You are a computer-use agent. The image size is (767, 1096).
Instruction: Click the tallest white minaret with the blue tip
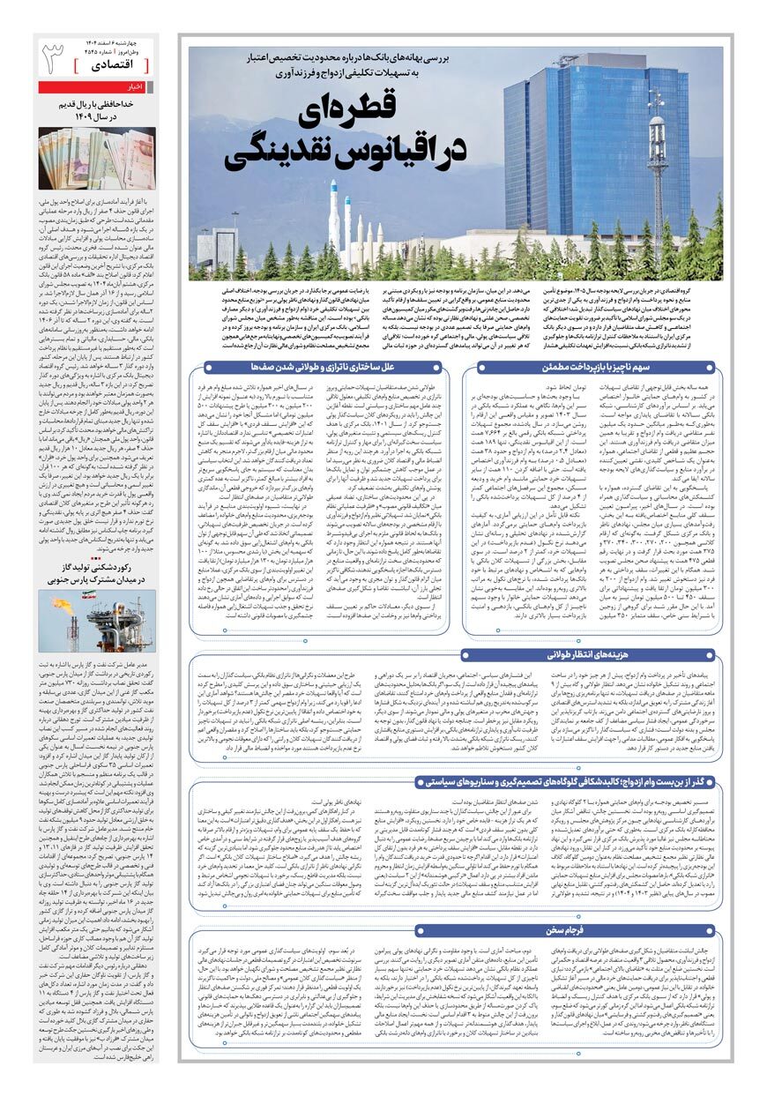click(336, 216)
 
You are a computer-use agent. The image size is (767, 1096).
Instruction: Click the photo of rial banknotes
click(97, 158)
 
